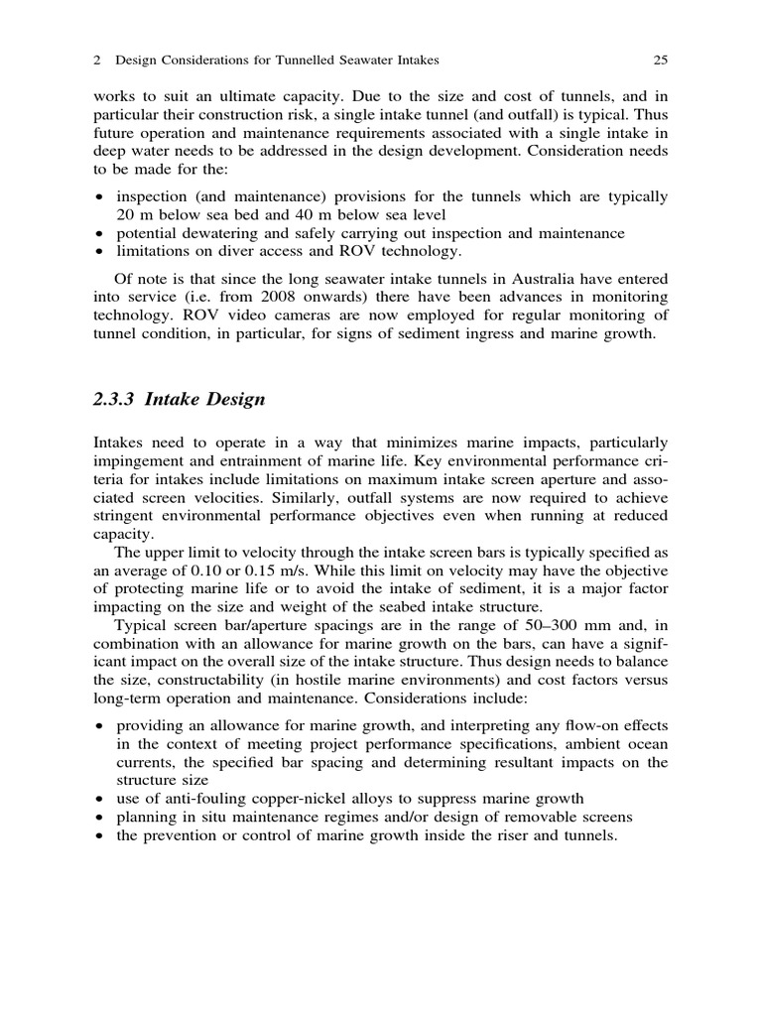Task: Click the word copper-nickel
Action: pos(296,799)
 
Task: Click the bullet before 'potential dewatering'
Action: pos(99,234)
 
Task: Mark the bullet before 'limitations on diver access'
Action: pos(99,252)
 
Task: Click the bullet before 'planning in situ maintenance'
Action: pos(99,819)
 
